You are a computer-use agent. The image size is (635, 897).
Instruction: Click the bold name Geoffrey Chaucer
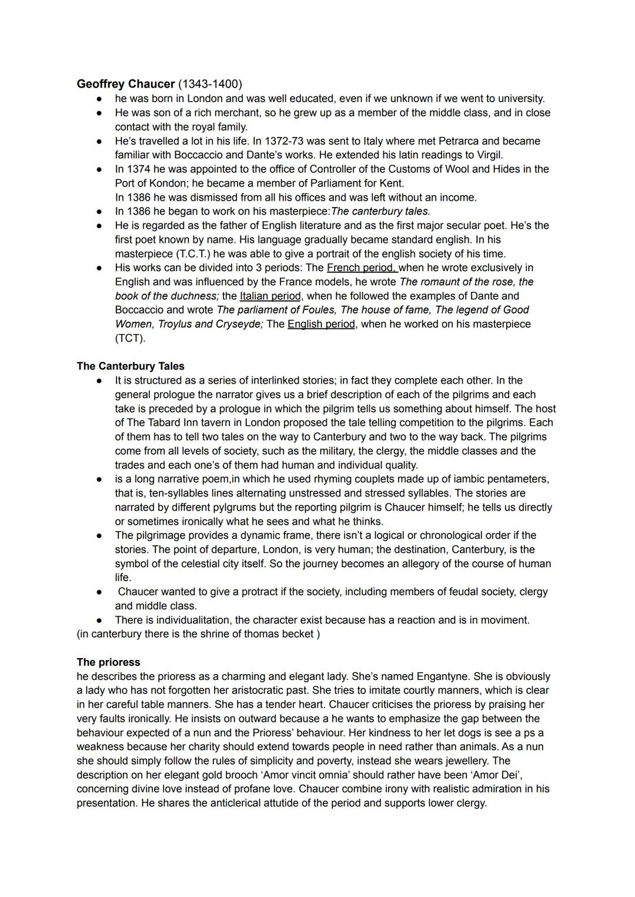(125, 84)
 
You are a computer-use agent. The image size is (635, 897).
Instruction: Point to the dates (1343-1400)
(210, 84)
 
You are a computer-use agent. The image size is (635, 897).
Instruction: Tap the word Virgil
(488, 155)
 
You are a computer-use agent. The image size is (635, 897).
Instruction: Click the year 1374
(139, 169)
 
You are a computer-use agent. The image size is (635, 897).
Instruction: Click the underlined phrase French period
(362, 268)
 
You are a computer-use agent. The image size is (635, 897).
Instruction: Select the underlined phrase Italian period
(270, 296)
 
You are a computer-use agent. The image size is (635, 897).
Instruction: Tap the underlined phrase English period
(321, 325)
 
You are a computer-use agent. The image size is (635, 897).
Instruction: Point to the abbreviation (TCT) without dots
(130, 339)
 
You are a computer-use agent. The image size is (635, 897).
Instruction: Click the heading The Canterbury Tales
(131, 366)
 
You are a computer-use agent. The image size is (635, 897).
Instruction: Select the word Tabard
(168, 423)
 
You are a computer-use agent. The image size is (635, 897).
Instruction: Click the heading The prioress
(109, 662)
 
